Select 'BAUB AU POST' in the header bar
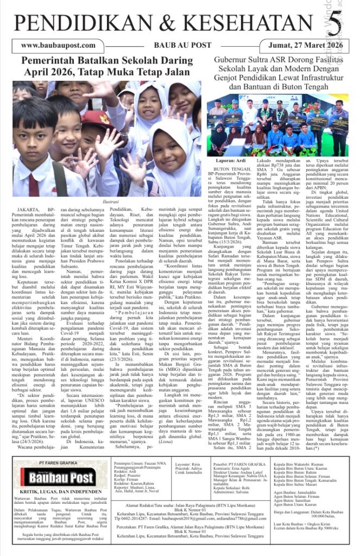tap(178, 46)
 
